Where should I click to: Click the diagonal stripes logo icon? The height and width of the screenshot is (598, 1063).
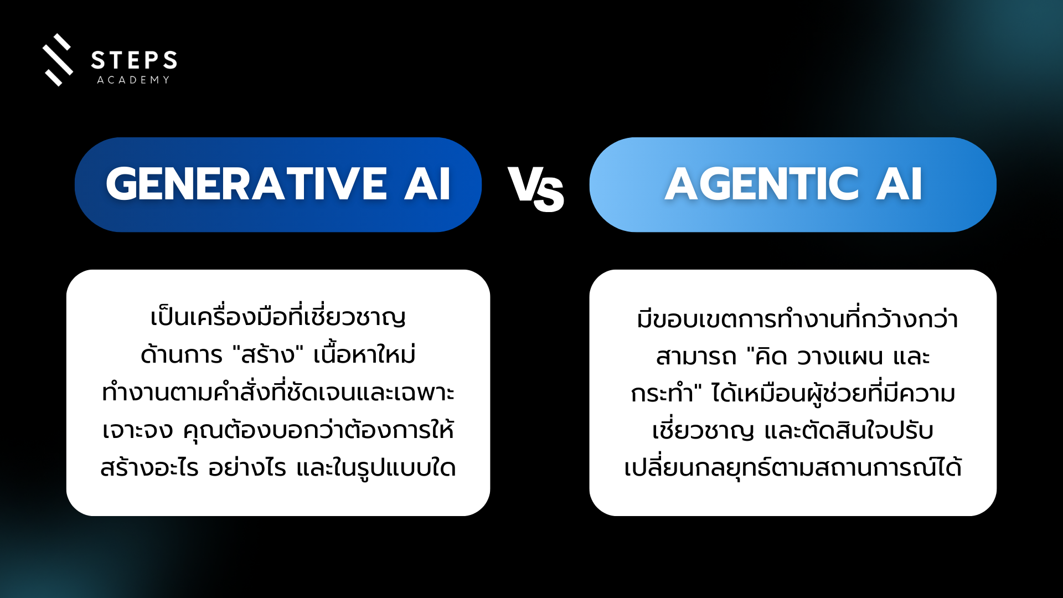(58, 60)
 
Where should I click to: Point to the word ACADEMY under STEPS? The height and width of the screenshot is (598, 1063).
(133, 80)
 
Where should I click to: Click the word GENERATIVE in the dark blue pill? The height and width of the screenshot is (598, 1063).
(246, 184)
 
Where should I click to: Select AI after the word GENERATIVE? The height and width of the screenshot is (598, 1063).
(427, 184)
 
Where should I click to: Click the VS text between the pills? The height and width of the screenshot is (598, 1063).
(536, 189)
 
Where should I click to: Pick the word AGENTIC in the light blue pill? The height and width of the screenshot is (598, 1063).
(762, 184)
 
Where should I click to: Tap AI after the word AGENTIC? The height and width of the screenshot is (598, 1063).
(899, 184)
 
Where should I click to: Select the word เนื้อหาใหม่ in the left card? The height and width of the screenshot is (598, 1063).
(364, 353)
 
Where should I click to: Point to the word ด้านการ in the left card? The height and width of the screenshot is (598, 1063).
(182, 354)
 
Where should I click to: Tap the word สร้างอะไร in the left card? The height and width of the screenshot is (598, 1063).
(149, 467)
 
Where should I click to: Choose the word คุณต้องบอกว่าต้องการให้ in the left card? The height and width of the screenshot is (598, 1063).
(318, 429)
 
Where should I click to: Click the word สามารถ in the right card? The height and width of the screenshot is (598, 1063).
(696, 357)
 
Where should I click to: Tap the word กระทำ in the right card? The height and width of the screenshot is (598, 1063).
(662, 394)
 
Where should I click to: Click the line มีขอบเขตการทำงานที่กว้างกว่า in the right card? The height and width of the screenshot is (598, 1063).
(797, 318)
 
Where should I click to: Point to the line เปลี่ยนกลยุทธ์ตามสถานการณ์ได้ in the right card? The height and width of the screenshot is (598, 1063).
(793, 467)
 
